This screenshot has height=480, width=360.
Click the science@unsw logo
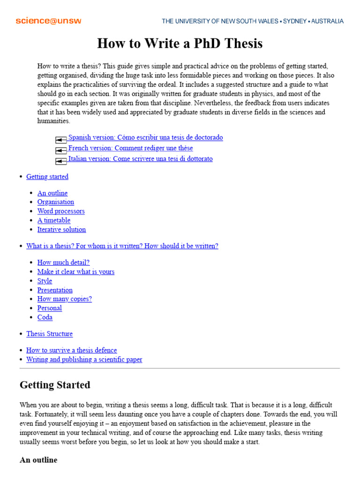48,21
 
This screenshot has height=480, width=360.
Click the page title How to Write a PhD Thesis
180,44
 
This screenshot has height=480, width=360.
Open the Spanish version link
145,137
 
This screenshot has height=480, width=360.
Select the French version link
130,148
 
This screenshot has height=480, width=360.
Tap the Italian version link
140,159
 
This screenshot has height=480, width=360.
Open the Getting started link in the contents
47,177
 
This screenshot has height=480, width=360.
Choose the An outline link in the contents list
52,193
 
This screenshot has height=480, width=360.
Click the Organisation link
56,202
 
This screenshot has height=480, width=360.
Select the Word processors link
61,211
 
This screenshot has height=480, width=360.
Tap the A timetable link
54,220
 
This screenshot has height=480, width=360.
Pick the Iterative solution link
61,230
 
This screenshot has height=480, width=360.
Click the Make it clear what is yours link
76,272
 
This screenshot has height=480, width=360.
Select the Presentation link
55,290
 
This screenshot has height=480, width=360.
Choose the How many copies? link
65,299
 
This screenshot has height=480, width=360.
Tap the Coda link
45,317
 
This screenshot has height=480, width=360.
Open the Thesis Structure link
49,334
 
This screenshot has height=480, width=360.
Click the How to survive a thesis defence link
72,350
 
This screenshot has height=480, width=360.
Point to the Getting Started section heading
55,385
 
